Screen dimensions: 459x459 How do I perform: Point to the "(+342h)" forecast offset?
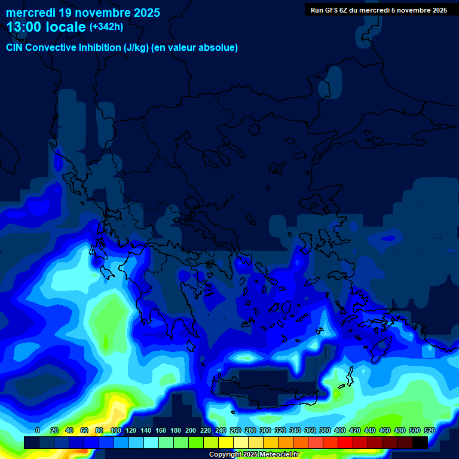[x=106, y=27]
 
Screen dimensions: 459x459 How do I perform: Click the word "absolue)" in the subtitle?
[x=219, y=48]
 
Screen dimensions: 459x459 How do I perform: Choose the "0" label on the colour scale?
[x=38, y=430]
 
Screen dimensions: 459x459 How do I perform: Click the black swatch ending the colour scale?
[x=420, y=443]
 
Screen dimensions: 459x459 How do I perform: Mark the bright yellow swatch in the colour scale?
[x=226, y=443]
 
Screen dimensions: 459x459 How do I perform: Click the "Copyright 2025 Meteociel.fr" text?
[x=254, y=455]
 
